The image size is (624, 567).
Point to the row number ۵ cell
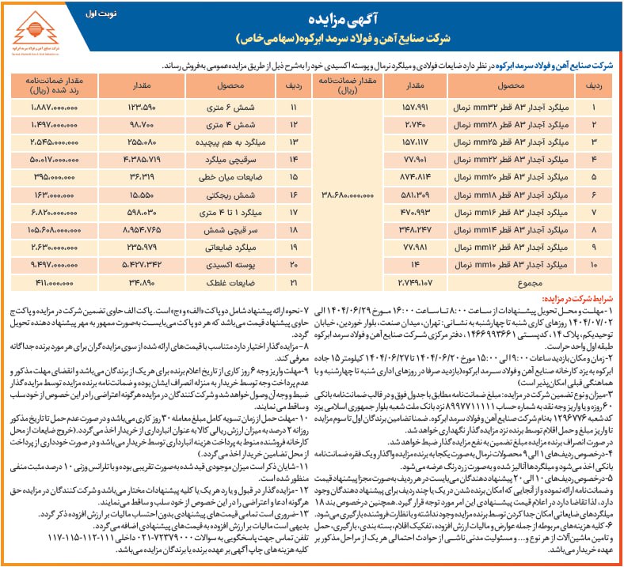pyautogui.click(x=589, y=176)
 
